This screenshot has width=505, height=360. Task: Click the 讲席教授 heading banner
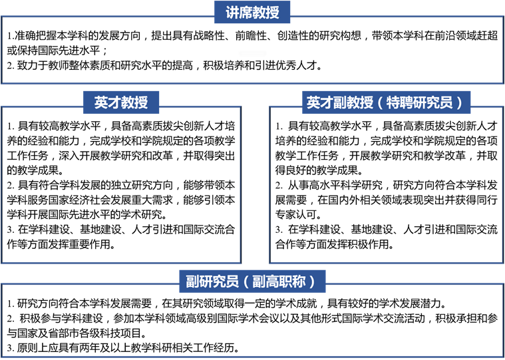(252, 12)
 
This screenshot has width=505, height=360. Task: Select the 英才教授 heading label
(121, 102)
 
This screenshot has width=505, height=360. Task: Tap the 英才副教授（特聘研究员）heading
(386, 102)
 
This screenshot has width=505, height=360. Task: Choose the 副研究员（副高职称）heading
(252, 281)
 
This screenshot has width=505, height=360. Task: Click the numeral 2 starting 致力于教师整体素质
(9, 67)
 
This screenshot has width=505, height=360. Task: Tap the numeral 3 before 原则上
(9, 348)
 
